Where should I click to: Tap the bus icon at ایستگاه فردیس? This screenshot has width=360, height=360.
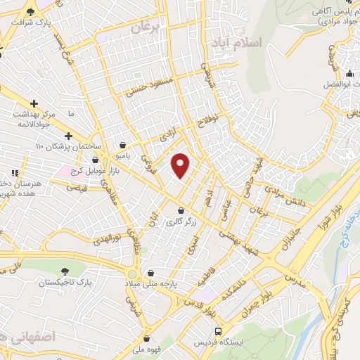(x=218, y=330)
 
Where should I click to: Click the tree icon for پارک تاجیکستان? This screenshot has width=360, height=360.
(x=65, y=271)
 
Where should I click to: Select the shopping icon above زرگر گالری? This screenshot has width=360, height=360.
(x=182, y=210)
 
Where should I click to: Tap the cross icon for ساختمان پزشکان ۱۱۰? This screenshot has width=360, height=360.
(x=68, y=136)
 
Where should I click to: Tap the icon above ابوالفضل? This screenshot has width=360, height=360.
(x=350, y=74)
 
